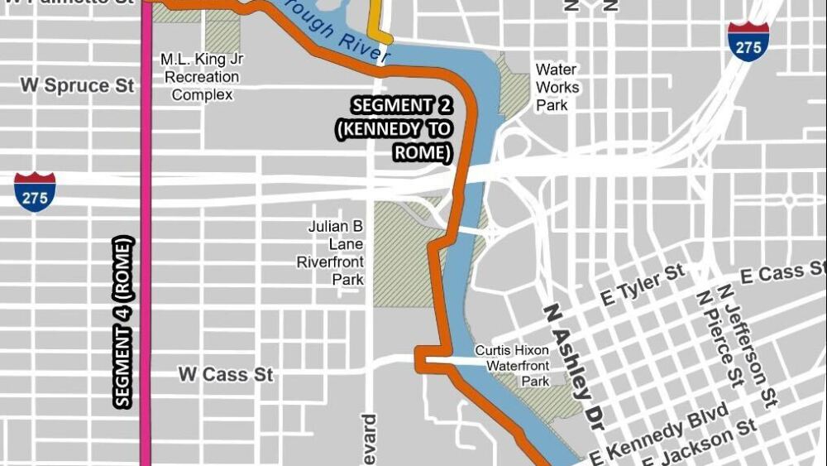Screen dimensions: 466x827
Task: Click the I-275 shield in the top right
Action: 748,41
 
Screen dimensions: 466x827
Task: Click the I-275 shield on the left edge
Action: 35,192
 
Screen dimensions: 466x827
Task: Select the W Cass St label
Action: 226,374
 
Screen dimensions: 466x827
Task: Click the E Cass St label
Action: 782,273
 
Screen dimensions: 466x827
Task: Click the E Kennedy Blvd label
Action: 659,435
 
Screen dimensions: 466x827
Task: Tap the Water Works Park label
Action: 557,87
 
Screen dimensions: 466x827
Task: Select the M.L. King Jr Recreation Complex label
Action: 201,77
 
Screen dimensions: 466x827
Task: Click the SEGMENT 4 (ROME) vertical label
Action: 124,322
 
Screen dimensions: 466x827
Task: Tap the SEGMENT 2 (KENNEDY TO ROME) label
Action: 403,129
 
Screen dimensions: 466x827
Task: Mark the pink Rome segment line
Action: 146,248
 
